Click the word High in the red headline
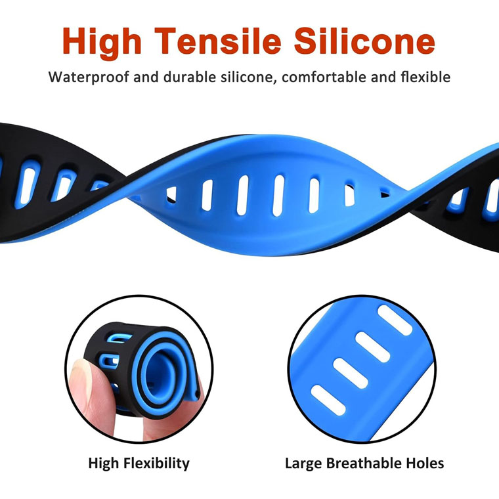pyautogui.click(x=102, y=43)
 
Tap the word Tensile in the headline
pyautogui.click(x=218, y=41)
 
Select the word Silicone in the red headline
pyautogui.click(x=364, y=41)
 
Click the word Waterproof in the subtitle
pyautogui.click(x=89, y=77)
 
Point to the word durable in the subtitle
pyautogui.click(x=190, y=77)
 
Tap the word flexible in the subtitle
pyautogui.click(x=425, y=77)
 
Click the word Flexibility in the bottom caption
pyautogui.click(x=156, y=464)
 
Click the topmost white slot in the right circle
pyautogui.click(x=395, y=320)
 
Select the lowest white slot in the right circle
pyautogui.click(x=328, y=401)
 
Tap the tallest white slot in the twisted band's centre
pyautogui.click(x=278, y=196)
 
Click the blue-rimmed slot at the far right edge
pyautogui.click(x=492, y=200)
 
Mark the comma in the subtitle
pyautogui.click(x=274, y=83)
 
